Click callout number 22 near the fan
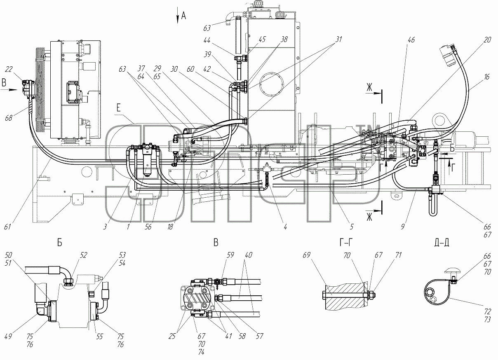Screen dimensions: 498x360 9,69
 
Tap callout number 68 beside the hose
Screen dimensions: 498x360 9,118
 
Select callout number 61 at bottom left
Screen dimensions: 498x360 7,227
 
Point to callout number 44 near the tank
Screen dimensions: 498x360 207,41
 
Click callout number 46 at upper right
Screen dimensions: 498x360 411,40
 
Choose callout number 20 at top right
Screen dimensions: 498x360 487,40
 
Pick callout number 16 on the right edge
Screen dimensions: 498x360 486,77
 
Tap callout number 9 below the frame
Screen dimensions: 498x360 403,227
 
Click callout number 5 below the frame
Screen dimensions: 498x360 352,227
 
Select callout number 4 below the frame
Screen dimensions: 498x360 285,227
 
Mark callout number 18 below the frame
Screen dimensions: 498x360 170,227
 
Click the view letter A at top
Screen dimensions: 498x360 183,16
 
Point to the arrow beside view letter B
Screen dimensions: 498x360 9,90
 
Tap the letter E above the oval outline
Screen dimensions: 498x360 118,108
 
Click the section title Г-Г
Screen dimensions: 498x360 346,243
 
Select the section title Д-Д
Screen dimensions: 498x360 442,243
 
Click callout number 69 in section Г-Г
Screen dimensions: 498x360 306,255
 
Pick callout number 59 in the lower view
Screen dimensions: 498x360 230,255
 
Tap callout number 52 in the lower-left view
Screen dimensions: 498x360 83,255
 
